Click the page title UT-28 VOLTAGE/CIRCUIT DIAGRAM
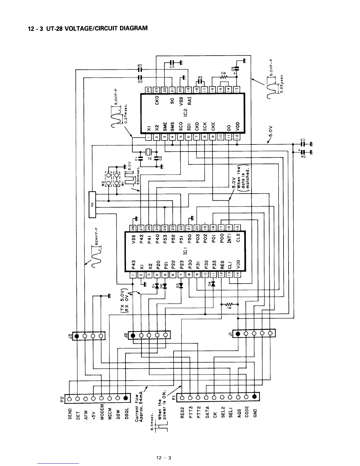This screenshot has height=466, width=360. (87, 29)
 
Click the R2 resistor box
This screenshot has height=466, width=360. (92, 204)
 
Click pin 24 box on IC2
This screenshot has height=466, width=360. (149, 89)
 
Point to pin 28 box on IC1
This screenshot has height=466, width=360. (134, 227)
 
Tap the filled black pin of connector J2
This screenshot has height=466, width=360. (133, 335)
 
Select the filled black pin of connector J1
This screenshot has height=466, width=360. (238, 334)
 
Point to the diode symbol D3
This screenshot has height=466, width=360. (181, 285)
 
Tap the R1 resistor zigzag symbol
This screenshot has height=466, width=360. (229, 304)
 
